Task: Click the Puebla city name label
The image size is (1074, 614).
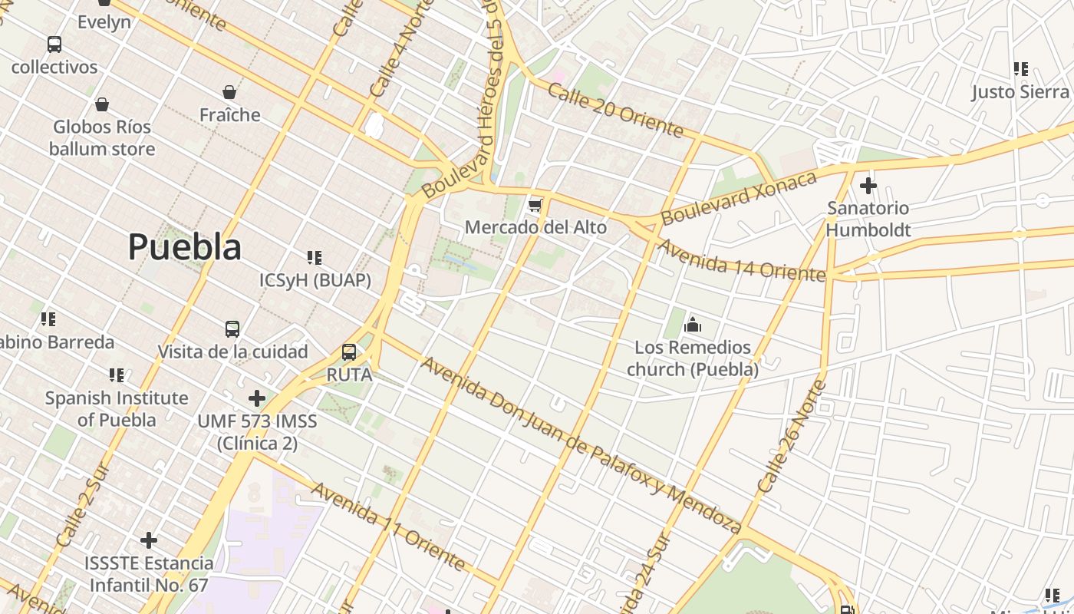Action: click(x=184, y=247)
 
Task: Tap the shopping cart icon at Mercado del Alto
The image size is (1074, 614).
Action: click(x=535, y=205)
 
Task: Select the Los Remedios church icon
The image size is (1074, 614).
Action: click(x=693, y=325)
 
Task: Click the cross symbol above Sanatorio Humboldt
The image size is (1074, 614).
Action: click(x=868, y=186)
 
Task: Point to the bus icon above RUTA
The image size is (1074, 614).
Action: click(x=349, y=352)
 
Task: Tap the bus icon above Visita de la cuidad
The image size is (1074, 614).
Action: click(x=232, y=329)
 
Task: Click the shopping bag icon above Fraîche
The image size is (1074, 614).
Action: click(x=229, y=93)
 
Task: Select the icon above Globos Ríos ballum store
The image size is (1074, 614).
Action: click(x=102, y=104)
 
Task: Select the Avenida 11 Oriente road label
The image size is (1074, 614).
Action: click(x=387, y=527)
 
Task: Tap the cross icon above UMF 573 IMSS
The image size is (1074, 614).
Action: click(x=257, y=398)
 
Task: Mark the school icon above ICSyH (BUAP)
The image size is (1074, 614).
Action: click(x=314, y=257)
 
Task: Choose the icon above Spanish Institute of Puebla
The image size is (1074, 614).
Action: click(x=117, y=375)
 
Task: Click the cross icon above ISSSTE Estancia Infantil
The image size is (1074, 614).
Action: click(x=149, y=540)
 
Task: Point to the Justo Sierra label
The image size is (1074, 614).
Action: click(x=1020, y=92)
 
